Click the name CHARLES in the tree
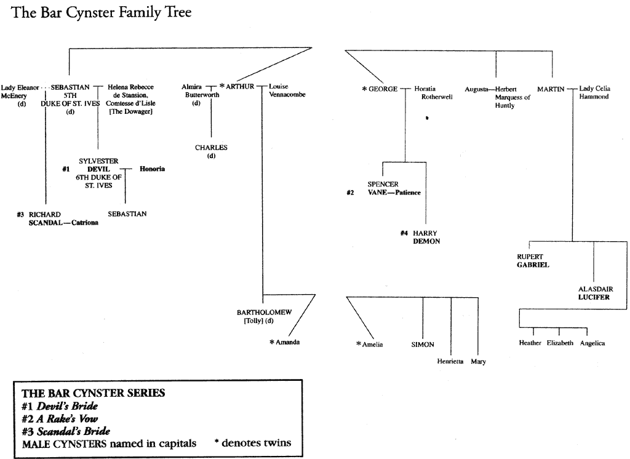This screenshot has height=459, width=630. coord(211,148)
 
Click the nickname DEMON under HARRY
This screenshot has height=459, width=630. coord(426,242)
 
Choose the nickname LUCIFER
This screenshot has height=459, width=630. coord(594,297)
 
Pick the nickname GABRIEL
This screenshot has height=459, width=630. coord(533,265)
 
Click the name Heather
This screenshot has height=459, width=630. coord(530,343)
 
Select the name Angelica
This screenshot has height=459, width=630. coord(592,343)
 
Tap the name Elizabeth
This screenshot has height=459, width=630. coord(560,343)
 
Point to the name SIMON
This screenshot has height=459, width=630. coord(423,345)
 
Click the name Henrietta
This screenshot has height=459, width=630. coord(449,361)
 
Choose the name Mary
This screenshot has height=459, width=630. coord(478,361)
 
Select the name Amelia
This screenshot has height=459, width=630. coord(372,345)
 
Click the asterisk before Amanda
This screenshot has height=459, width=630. coord(271,341)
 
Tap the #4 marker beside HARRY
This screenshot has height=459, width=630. coord(404,233)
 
